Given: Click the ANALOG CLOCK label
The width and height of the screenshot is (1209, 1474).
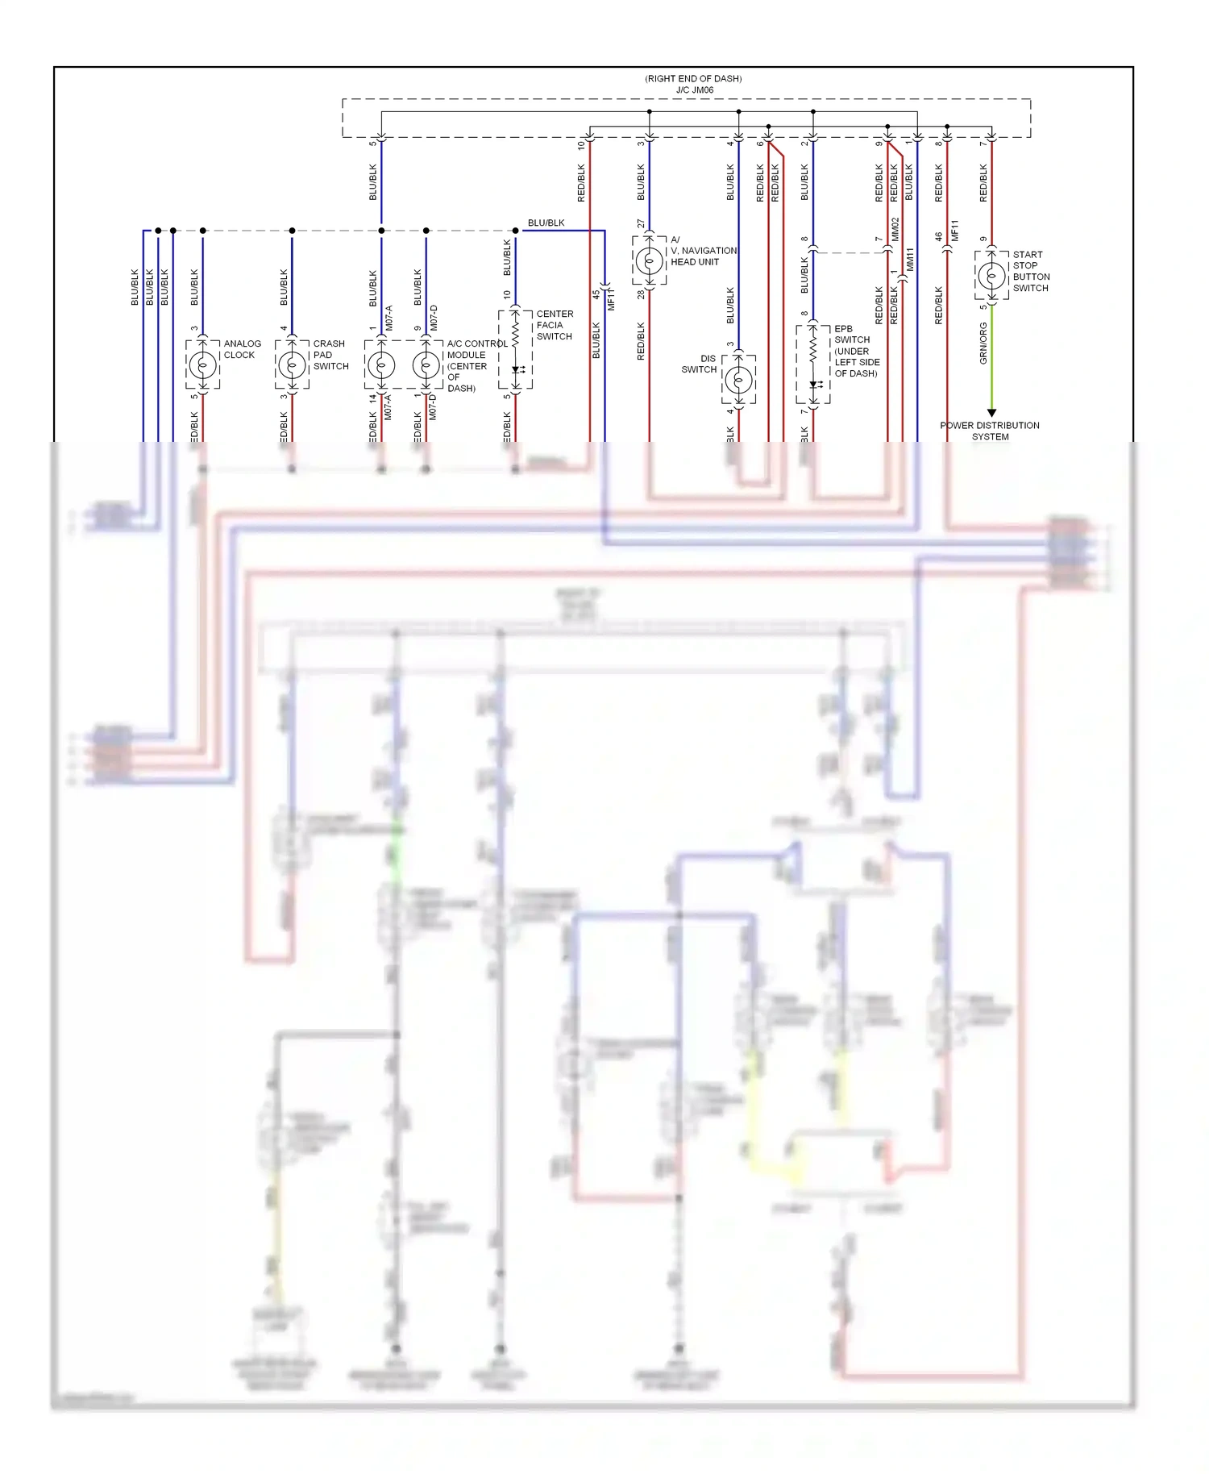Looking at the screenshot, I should click(242, 349).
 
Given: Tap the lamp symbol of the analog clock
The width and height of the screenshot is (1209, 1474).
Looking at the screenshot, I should click(202, 365).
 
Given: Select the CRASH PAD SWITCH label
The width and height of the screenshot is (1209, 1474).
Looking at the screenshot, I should click(330, 355).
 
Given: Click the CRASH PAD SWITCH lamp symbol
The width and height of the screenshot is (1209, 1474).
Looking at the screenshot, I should click(292, 365).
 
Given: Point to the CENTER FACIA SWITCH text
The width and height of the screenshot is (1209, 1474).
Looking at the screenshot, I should click(555, 325).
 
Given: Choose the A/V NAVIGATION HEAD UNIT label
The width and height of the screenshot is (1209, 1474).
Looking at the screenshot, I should click(703, 251).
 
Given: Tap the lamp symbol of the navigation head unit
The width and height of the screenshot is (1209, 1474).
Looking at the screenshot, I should click(649, 260).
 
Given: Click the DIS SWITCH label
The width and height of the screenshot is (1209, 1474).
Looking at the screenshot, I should click(700, 364).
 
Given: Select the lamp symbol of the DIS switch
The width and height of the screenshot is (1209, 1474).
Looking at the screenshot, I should click(738, 380).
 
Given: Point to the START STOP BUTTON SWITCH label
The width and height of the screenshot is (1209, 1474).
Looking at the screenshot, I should click(1030, 271).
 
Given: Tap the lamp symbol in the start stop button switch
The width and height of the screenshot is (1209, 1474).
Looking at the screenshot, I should click(991, 276).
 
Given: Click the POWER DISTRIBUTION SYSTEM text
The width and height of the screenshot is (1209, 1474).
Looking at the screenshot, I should click(990, 431).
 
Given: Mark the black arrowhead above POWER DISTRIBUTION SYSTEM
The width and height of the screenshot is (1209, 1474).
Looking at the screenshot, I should click(991, 413).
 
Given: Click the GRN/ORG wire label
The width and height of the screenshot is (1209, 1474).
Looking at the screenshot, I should click(983, 343).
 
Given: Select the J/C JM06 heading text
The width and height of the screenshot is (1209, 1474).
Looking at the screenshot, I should click(694, 90).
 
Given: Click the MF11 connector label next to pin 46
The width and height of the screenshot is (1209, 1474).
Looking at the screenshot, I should click(955, 231).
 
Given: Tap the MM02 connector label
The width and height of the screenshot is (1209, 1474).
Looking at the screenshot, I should click(895, 229).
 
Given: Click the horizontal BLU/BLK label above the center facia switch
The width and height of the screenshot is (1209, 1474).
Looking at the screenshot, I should click(546, 223).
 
